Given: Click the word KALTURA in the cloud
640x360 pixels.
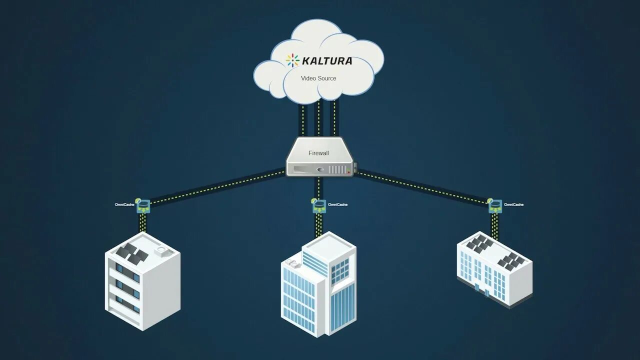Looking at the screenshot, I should (x=327, y=61).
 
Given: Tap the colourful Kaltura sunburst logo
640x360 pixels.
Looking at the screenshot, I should (x=292, y=60).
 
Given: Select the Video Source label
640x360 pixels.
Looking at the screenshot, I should (x=318, y=78).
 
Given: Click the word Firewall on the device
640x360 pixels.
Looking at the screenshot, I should (x=318, y=153).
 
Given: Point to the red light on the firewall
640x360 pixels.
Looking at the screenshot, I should (x=348, y=172).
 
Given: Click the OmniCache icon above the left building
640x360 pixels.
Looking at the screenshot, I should (x=144, y=205).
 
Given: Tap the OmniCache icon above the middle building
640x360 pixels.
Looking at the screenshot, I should (x=318, y=205).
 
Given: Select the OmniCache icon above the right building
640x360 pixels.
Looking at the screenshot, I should (x=494, y=205).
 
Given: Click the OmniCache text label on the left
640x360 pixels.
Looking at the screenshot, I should (x=124, y=204).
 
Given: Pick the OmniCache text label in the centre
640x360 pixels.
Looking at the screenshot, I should (x=337, y=204).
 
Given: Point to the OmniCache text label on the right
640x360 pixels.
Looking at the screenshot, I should (x=514, y=204).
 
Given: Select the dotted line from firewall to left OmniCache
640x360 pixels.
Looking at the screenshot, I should (x=215, y=187).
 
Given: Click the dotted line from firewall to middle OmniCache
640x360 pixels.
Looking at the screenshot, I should (x=318, y=187).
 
